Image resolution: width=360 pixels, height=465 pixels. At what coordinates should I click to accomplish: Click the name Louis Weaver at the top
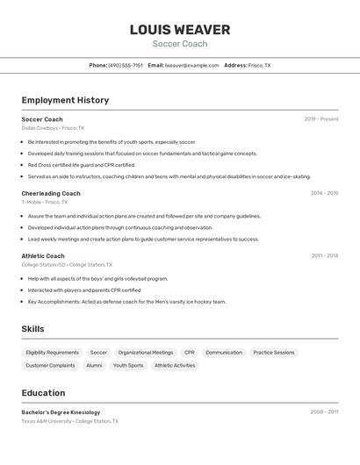(179, 30)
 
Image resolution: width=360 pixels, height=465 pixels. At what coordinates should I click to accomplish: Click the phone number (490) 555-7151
(126, 65)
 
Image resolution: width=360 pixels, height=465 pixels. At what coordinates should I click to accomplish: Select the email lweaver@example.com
(191, 65)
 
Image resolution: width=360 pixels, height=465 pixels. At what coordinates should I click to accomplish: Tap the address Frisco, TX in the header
(259, 65)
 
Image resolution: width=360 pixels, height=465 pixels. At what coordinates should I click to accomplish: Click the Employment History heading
(65, 100)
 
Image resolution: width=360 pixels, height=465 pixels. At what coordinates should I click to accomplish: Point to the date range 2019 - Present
(320, 119)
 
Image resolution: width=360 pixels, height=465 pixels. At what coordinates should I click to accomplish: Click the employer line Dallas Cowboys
(53, 128)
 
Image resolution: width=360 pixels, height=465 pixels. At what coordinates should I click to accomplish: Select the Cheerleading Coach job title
(51, 193)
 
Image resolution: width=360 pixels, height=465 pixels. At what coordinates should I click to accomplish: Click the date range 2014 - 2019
(324, 193)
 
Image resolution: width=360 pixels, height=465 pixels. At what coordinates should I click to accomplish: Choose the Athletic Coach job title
(43, 256)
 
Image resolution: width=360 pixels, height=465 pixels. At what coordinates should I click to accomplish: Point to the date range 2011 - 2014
(324, 256)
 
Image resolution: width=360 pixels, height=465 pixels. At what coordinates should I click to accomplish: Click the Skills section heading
(32, 329)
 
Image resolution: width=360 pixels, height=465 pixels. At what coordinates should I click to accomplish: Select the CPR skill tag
(189, 353)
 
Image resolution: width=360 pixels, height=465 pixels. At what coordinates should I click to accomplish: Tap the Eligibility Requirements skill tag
(53, 353)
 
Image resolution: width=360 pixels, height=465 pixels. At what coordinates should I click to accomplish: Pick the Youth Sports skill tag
(128, 366)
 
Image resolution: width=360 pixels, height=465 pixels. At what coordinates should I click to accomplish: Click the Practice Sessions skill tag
(274, 353)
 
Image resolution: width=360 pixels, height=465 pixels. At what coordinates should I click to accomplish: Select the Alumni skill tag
(94, 366)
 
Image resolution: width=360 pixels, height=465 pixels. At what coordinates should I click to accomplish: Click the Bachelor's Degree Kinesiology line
(61, 412)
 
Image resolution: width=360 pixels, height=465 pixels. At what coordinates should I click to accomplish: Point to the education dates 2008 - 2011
(324, 412)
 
